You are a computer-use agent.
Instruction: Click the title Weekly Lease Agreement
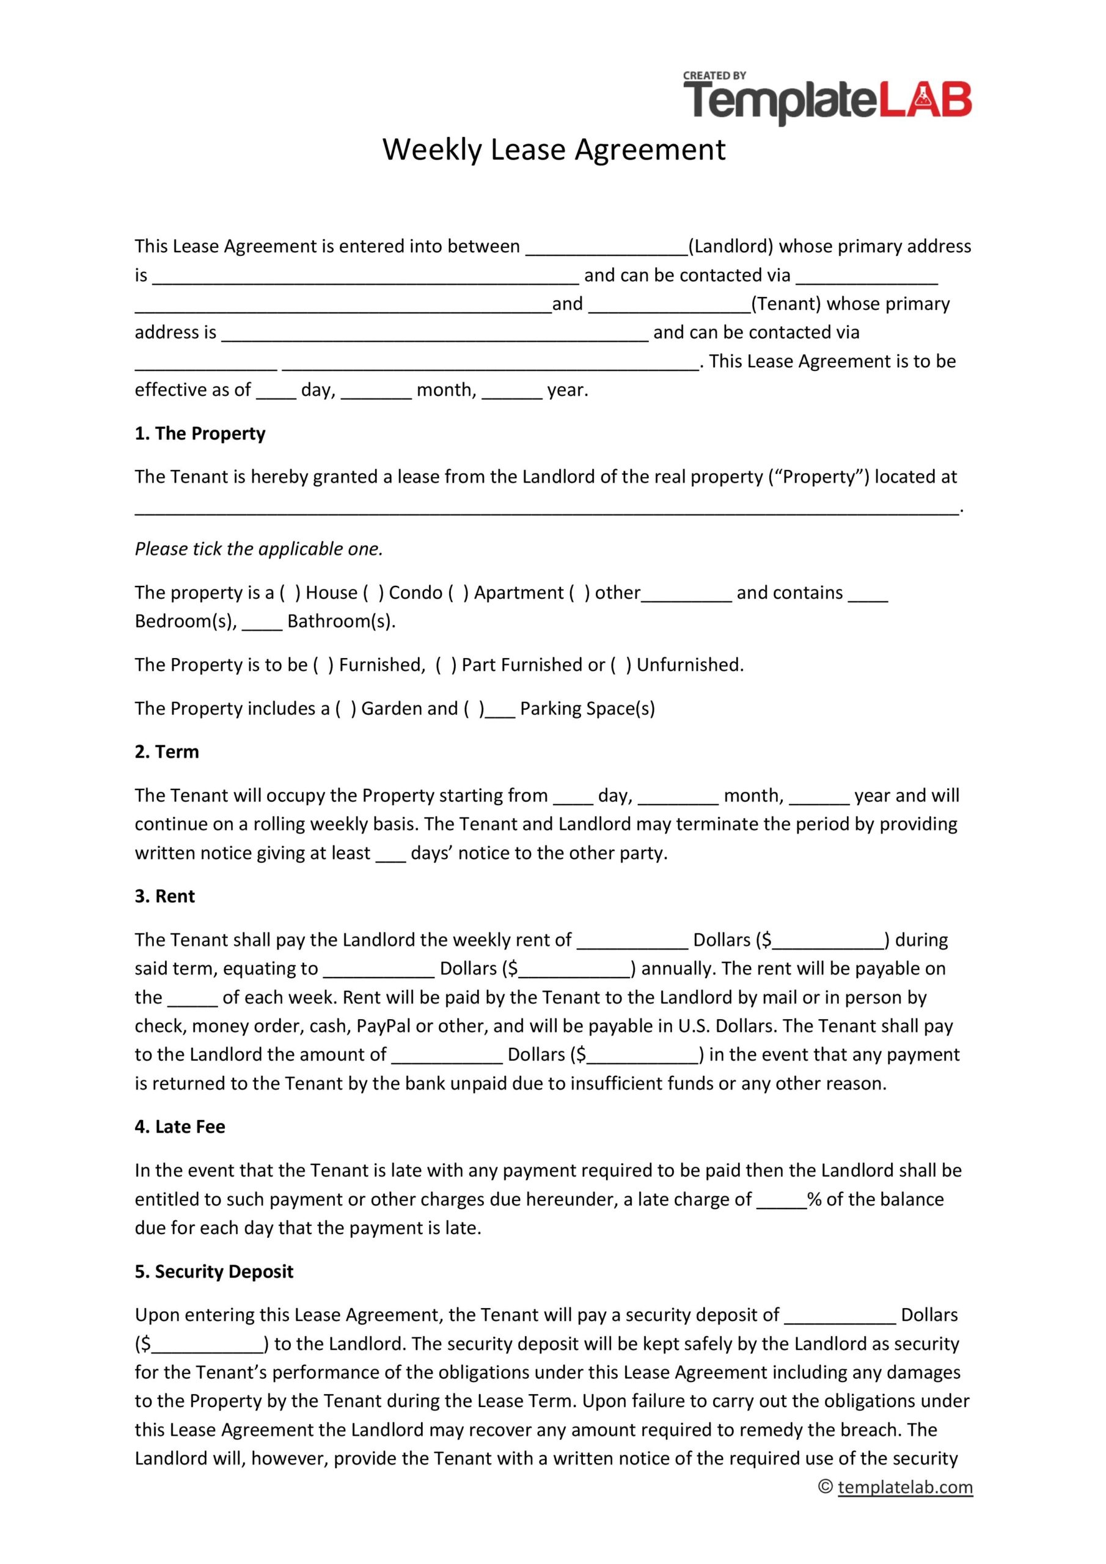click(x=554, y=149)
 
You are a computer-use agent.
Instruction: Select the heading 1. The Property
click(x=200, y=433)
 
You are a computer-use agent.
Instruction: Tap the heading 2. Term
click(x=167, y=751)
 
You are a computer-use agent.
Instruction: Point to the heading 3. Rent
click(x=165, y=896)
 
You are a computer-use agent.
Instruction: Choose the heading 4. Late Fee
click(x=180, y=1127)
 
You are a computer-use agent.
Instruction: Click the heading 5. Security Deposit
click(x=214, y=1272)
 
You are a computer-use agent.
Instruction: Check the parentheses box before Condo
click(x=373, y=593)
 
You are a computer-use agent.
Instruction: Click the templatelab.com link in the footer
click(x=905, y=1488)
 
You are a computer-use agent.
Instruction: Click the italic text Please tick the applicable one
click(x=259, y=549)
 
